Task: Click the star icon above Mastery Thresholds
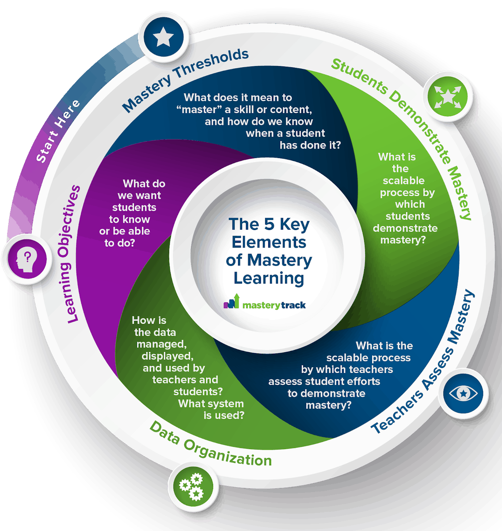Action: click(x=164, y=38)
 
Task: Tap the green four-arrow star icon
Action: click(x=447, y=96)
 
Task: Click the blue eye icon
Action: click(x=463, y=393)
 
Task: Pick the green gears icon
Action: click(x=191, y=486)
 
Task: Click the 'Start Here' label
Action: click(x=58, y=131)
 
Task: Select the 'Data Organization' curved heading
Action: click(x=210, y=445)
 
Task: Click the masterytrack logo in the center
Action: click(x=265, y=304)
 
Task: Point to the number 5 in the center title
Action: click(x=269, y=224)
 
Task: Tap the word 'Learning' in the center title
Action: click(x=269, y=279)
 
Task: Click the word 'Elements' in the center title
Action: click(x=269, y=242)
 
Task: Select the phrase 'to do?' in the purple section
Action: click(x=119, y=243)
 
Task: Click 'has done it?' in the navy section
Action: click(x=310, y=145)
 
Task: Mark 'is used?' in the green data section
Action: click(x=224, y=416)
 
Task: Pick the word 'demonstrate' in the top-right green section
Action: click(x=405, y=228)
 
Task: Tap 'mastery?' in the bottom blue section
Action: click(x=328, y=405)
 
